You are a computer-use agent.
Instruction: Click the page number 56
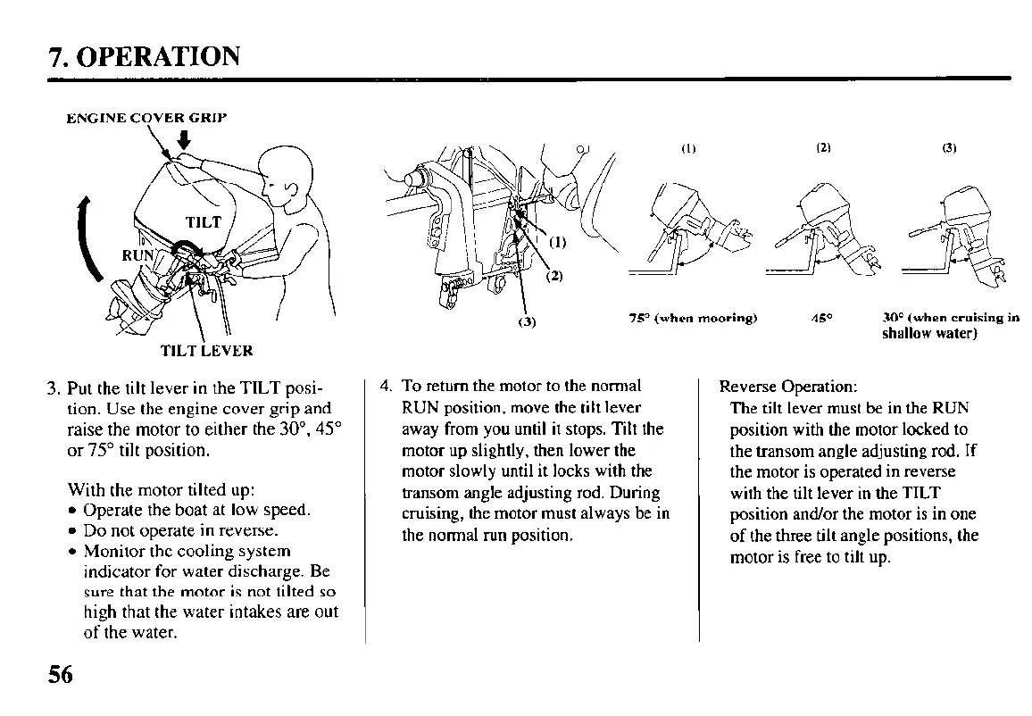tap(61, 674)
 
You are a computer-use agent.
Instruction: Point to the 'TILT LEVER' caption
tap(206, 351)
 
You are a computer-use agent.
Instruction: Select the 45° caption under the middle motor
tap(817, 319)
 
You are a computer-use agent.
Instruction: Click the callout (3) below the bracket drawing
tap(527, 322)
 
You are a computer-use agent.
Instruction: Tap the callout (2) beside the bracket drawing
tap(554, 275)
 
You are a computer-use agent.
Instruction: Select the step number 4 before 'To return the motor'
tap(385, 387)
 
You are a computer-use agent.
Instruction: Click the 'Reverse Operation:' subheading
tap(788, 387)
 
